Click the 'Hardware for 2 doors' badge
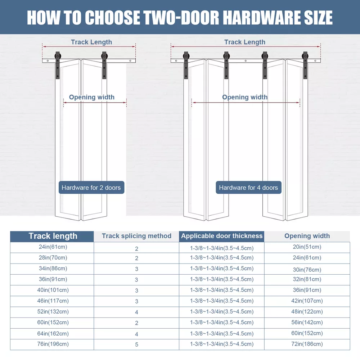pyautogui.click(x=91, y=187)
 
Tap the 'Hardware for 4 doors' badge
pyautogui.click(x=248, y=187)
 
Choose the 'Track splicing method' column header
pyautogui.click(x=136, y=236)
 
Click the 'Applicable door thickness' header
pyautogui.click(x=221, y=236)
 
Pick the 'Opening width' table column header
pyautogui.click(x=307, y=236)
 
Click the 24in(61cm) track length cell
pyautogui.click(x=53, y=247)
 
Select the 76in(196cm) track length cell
pyautogui.click(x=53, y=344)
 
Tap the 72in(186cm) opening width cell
pyautogui.click(x=307, y=344)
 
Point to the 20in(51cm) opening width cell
pyautogui.click(x=307, y=247)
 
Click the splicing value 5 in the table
pyautogui.click(x=136, y=345)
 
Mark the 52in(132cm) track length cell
pyautogui.click(x=53, y=312)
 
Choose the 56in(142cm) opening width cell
pyautogui.click(x=307, y=323)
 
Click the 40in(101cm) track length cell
pyautogui.click(x=53, y=290)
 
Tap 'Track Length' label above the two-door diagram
pyautogui.click(x=91, y=42)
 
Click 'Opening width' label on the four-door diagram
pyautogui.click(x=245, y=97)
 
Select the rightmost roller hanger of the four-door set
pyautogui.click(x=305, y=65)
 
